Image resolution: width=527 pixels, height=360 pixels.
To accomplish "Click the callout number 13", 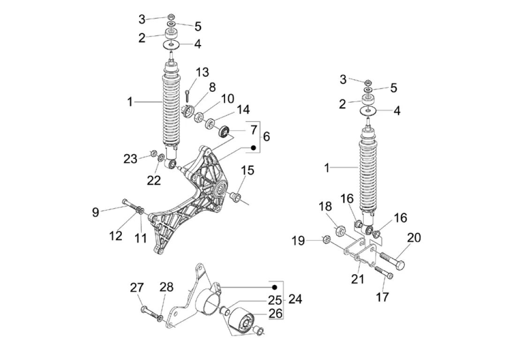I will point(202,73).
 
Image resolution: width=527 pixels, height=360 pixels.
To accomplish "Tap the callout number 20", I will point(414,238).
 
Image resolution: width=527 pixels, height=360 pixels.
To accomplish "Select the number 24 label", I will point(295,299).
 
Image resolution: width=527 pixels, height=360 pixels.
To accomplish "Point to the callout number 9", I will point(96,212).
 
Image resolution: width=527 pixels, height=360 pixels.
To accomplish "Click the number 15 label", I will point(248,170).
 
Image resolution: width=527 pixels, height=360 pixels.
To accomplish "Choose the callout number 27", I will point(136,287).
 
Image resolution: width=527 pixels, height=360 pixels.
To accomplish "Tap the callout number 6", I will point(266,136).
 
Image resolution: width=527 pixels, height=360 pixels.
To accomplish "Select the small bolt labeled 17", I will point(384,272).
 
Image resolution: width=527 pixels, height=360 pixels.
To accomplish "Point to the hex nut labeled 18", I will point(341,230).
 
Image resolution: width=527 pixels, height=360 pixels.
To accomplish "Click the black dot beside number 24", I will point(275,287).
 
